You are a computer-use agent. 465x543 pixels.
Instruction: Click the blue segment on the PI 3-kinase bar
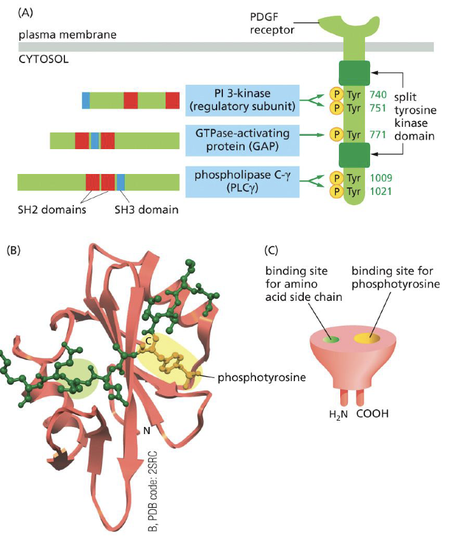click(86, 100)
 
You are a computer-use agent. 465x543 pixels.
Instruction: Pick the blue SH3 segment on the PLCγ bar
click(121, 182)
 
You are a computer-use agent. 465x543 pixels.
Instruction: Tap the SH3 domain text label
click(146, 209)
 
